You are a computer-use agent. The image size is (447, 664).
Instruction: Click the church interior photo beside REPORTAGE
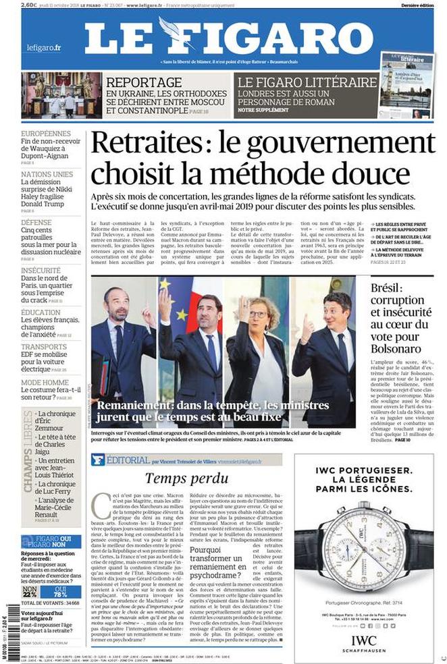coord(58,96)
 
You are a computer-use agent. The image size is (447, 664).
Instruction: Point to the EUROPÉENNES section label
coord(45,134)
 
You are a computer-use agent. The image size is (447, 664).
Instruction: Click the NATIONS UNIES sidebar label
coord(47,174)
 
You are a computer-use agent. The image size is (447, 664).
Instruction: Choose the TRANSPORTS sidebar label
coord(44,347)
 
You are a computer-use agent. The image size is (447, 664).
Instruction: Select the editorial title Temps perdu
coord(178,478)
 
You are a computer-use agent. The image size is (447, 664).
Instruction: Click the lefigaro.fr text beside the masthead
coord(45,48)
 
